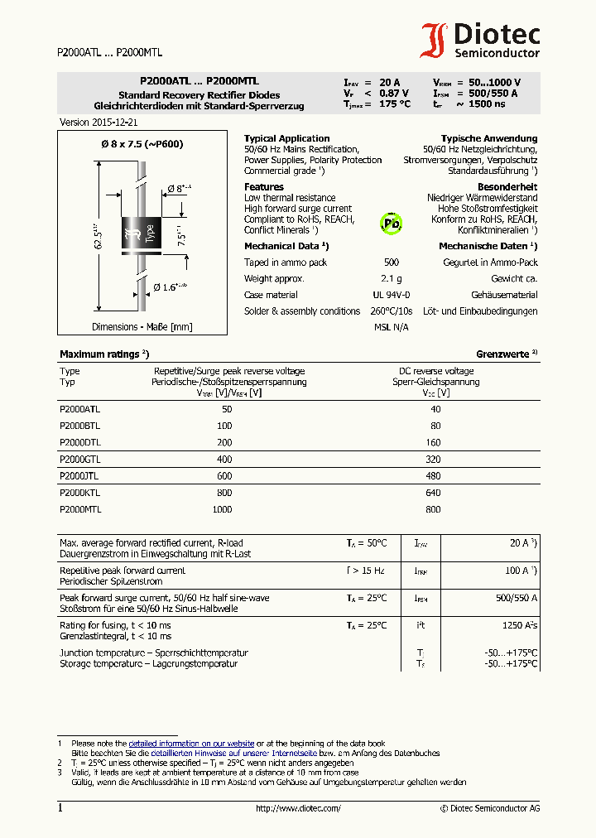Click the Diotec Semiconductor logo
click(480, 41)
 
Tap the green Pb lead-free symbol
click(391, 224)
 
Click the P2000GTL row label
click(80, 459)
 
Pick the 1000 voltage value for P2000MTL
click(222, 510)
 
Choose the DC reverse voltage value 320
click(433, 459)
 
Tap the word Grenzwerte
click(502, 354)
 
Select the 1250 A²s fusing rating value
click(520, 625)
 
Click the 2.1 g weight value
click(392, 279)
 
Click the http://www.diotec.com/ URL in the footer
click(298, 808)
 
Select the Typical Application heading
click(286, 138)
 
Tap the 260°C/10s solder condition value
click(392, 311)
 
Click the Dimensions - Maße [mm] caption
click(142, 327)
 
